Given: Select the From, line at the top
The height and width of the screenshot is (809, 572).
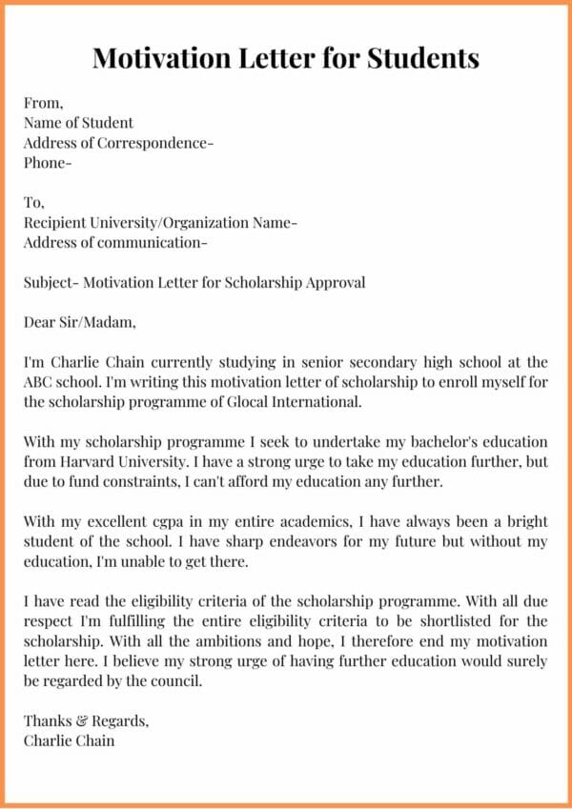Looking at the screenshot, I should (44, 102).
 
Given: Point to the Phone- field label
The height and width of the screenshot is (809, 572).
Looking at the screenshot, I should (48, 162).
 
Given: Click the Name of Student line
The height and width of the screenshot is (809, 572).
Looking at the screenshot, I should (79, 122).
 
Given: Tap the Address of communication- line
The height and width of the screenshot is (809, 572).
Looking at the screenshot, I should (115, 242).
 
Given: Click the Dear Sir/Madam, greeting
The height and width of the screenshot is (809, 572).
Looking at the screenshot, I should (80, 322).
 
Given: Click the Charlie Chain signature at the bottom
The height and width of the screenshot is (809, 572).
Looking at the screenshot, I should (70, 740).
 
